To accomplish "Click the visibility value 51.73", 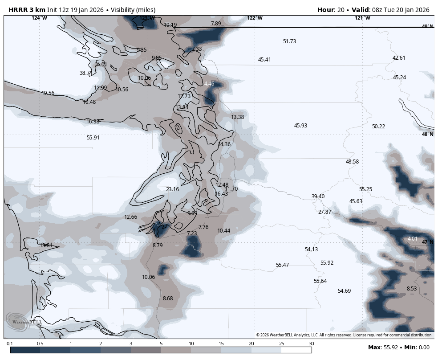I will tap(289, 41).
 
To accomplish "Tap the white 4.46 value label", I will tap(209, 84).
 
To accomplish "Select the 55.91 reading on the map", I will tap(93, 138).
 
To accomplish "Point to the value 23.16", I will tap(172, 189).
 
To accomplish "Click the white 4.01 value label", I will tap(413, 239).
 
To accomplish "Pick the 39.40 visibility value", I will tap(318, 196).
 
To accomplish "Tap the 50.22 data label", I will tap(378, 127).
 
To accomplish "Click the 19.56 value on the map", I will tap(48, 93).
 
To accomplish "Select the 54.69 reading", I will tap(344, 291).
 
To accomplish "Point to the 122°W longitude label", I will tap(255, 18).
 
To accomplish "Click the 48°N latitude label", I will tap(427, 134).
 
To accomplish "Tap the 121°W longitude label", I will tap(362, 18).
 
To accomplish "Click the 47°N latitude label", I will tap(427, 242).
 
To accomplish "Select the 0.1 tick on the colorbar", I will tap(10, 344).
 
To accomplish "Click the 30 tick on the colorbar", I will tap(311, 344).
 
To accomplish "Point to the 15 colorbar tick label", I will tap(221, 344).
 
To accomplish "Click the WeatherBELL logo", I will tap(24, 321).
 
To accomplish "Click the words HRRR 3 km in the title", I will tap(27, 10).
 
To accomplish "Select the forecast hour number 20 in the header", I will tap(344, 10).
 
